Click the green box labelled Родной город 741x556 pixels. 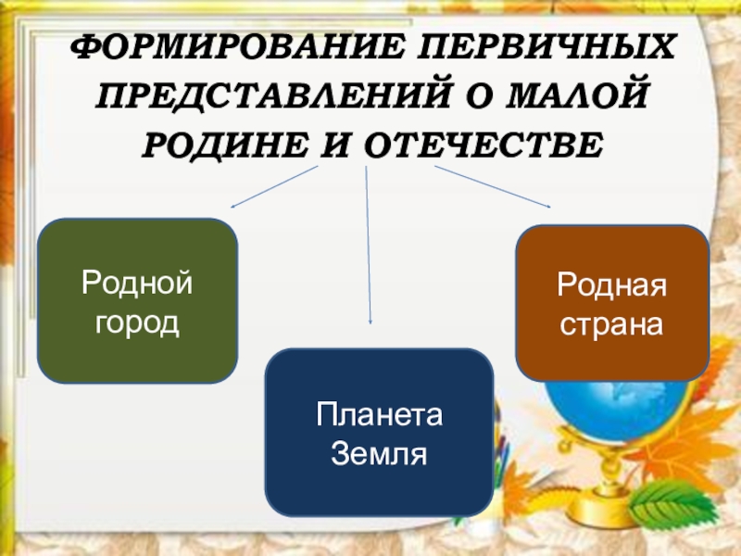(x=137, y=301)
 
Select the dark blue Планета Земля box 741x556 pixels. (x=379, y=432)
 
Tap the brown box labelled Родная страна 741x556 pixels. (x=612, y=303)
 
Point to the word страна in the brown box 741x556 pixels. (x=611, y=326)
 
